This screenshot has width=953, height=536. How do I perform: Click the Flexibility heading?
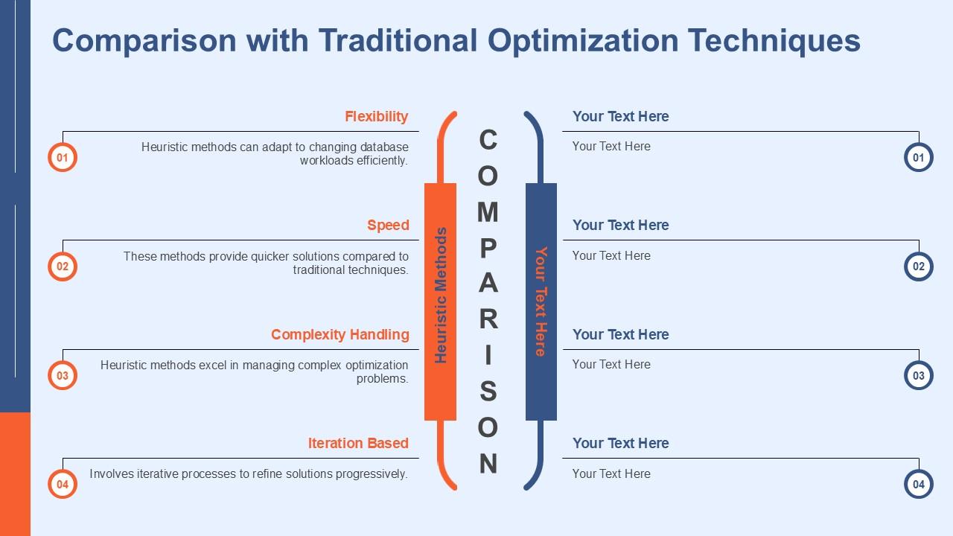coord(377,116)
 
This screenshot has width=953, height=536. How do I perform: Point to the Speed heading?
coord(388,225)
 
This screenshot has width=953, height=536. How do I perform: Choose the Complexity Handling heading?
coord(340,334)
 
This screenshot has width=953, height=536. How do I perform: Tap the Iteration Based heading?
coord(358,443)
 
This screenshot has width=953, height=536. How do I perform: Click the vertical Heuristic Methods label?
coord(441,296)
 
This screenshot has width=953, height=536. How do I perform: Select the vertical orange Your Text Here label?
coord(541,301)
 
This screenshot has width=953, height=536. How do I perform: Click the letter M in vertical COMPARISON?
coord(488,211)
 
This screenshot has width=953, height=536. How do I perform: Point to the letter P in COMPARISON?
coord(488,248)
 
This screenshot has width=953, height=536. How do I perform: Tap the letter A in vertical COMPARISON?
coord(488,283)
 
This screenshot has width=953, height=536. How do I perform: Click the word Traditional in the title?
coord(398,41)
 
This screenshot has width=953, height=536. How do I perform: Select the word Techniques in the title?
coord(774,42)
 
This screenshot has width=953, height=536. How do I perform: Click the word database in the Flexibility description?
coord(384,147)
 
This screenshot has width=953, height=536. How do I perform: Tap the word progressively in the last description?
coord(372,474)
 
